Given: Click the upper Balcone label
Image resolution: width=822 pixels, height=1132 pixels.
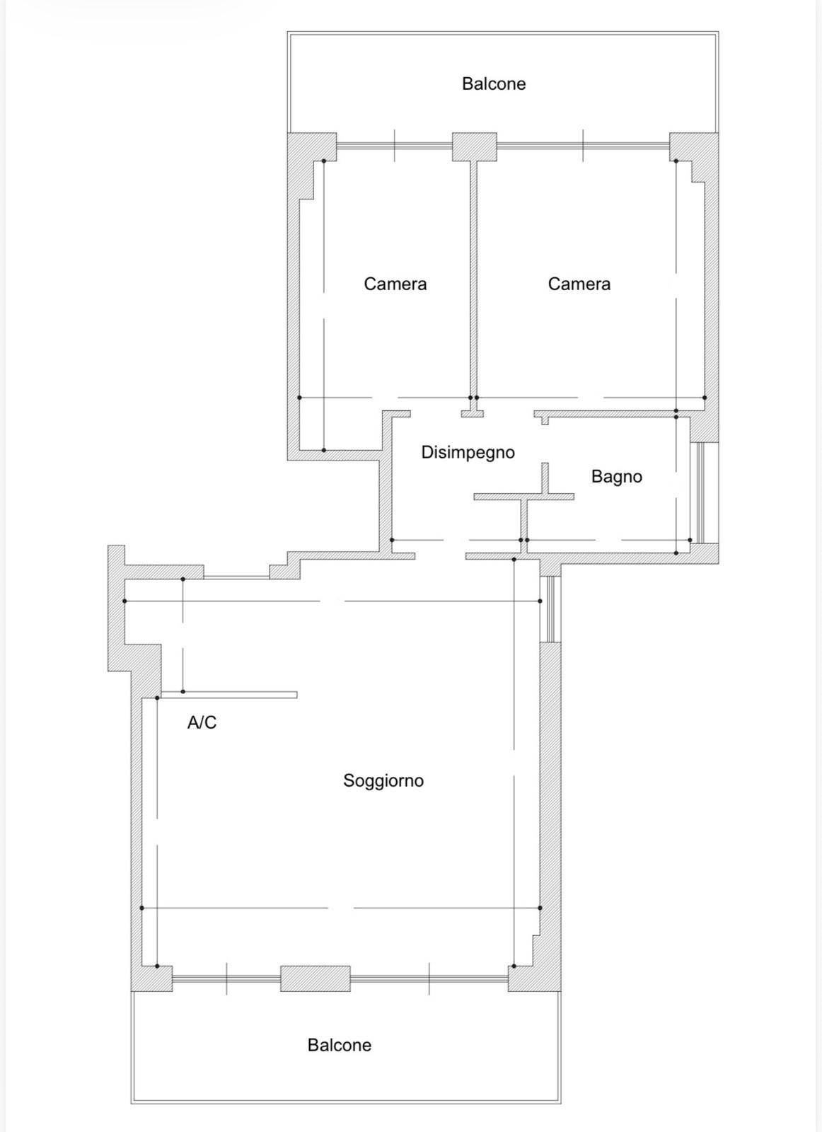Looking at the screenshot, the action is (x=494, y=83).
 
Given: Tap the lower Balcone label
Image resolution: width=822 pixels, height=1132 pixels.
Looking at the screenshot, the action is (x=339, y=1044).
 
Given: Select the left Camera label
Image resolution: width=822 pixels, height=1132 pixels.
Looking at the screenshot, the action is (x=395, y=284).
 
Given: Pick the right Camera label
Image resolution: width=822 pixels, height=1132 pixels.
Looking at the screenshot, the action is (x=579, y=284).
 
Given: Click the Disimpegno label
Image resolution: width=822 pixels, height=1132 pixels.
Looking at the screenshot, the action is (x=468, y=452).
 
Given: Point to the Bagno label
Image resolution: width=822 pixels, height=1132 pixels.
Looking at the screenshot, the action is (x=616, y=476).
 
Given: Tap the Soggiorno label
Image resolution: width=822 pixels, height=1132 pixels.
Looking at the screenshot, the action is (x=383, y=780).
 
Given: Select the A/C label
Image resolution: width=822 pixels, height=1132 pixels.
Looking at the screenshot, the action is (x=202, y=722).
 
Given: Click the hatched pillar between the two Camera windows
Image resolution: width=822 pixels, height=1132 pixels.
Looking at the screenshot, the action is (x=474, y=146).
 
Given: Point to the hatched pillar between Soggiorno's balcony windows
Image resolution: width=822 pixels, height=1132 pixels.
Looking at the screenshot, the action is (x=316, y=978).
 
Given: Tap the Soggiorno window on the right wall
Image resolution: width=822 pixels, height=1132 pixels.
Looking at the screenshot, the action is (x=550, y=609).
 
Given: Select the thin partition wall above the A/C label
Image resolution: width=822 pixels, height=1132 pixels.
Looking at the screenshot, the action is (x=228, y=694).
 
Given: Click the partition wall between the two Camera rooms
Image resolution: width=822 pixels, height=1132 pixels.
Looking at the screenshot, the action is (x=473, y=279).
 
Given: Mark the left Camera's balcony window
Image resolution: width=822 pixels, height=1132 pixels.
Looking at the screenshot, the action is (x=394, y=146).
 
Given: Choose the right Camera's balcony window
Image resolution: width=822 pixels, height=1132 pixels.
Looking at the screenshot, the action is (x=583, y=146).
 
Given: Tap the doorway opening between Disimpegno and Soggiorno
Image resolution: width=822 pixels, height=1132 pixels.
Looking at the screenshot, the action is (x=440, y=555).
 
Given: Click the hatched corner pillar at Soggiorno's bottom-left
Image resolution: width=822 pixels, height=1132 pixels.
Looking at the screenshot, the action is (x=151, y=978).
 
